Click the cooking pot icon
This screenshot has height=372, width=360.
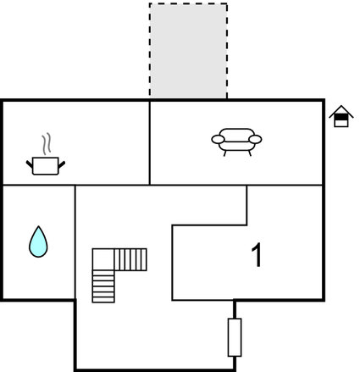click(x=46, y=166)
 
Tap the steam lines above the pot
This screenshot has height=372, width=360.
click(x=47, y=144)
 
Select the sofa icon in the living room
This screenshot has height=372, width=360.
click(x=236, y=142)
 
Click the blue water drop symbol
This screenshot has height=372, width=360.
click(x=38, y=242)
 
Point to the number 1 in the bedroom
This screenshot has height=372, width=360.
click(x=257, y=255)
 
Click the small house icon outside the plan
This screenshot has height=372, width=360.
click(x=341, y=116)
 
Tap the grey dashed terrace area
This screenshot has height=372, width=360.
click(x=188, y=51)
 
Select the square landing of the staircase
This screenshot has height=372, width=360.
click(x=103, y=259)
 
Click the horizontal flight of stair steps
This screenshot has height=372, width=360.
click(x=130, y=259)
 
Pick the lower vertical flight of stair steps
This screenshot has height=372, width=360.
click(x=103, y=286)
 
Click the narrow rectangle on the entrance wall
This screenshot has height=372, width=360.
click(x=235, y=337)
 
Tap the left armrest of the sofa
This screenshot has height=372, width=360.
click(x=218, y=139)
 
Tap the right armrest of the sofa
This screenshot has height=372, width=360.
click(x=256, y=139)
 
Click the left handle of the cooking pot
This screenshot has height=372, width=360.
click(x=30, y=164)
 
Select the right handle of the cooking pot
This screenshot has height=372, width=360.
click(x=62, y=164)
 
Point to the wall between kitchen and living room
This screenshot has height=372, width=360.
click(x=150, y=142)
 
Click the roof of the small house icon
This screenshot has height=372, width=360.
click(x=341, y=111)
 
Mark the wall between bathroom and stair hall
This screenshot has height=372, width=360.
click(x=75, y=242)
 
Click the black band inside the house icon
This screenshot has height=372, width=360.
click(x=341, y=117)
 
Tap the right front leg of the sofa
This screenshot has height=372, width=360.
click(x=250, y=153)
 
